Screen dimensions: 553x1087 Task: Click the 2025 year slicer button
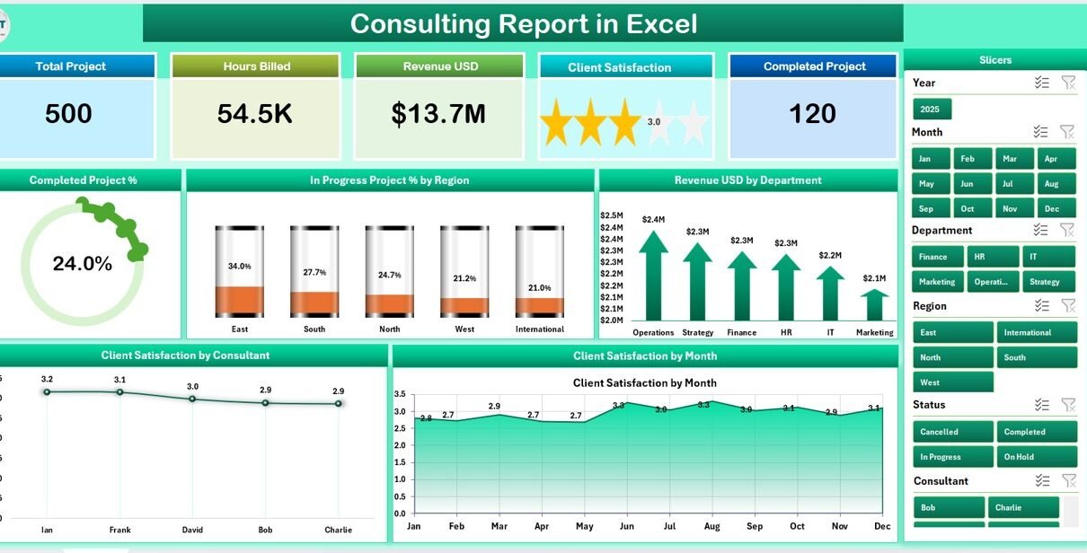932,109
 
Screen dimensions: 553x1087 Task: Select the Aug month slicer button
1052,183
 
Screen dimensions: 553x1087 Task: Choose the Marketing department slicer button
937,281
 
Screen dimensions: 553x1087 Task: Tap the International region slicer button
1035,332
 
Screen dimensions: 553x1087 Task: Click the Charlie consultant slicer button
1024,507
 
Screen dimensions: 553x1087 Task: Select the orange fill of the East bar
239,301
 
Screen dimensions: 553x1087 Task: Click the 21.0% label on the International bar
539,287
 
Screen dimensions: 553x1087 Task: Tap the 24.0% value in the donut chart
83,264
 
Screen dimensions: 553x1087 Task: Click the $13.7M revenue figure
438,114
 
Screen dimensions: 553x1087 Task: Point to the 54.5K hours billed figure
254,114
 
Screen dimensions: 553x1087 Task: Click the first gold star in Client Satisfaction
556,123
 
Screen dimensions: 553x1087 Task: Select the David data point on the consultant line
192,399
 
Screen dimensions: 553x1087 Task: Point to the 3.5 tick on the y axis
401,394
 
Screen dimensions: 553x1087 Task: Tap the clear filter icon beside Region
1067,305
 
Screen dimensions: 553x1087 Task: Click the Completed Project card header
814,66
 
